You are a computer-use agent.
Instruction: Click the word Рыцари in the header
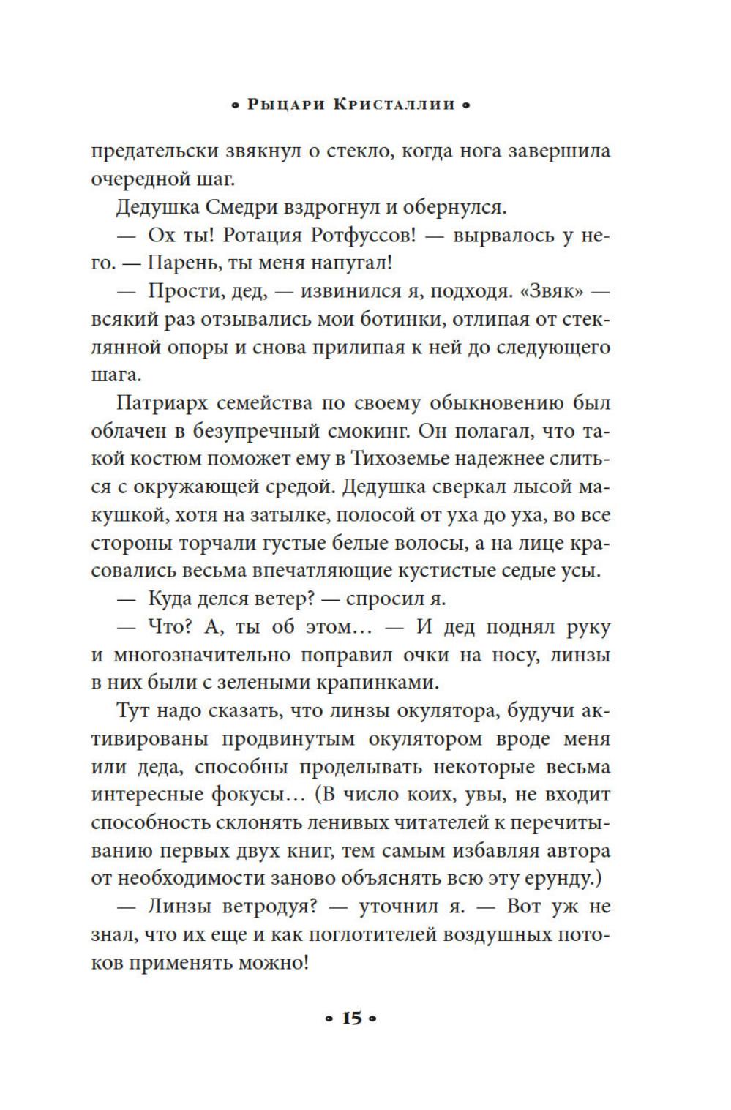coord(286,105)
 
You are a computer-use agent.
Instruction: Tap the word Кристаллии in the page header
coord(394,105)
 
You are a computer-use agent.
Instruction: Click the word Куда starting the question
coord(169,599)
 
